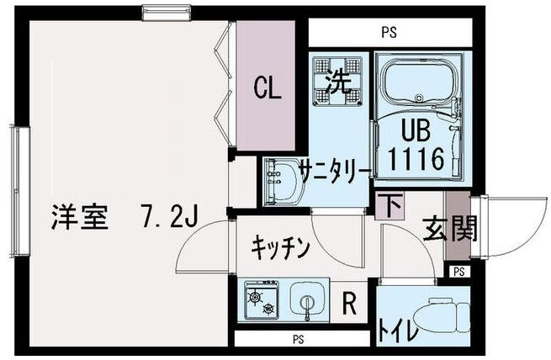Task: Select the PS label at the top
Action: point(389,34)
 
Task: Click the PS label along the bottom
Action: point(298,341)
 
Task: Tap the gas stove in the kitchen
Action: point(260,300)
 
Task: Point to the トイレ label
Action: point(399,329)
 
